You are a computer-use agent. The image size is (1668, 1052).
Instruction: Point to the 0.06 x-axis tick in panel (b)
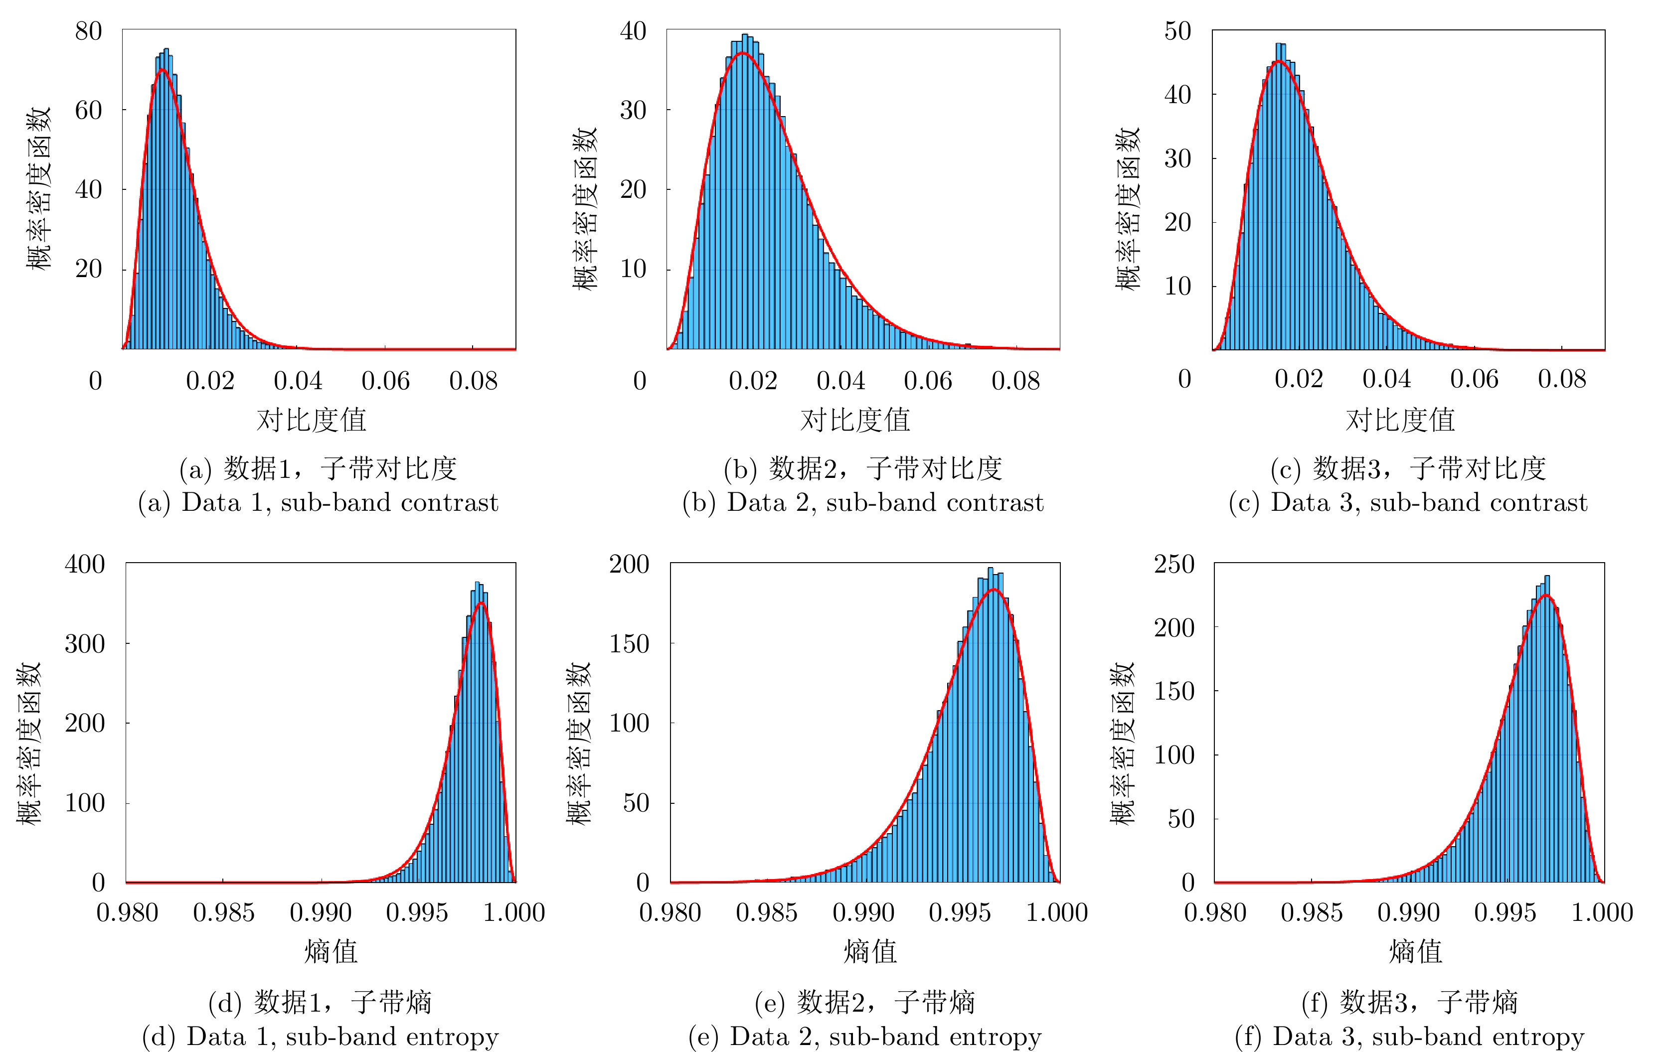pyautogui.click(x=928, y=381)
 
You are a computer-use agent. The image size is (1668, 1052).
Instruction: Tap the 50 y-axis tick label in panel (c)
pyautogui.click(x=1177, y=31)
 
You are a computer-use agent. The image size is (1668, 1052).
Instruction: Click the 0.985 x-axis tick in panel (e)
pyautogui.click(x=766, y=913)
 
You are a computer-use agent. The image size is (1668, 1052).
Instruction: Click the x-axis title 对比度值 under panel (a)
pyautogui.click(x=311, y=420)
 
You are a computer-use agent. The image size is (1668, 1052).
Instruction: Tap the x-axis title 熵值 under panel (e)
pyautogui.click(x=870, y=951)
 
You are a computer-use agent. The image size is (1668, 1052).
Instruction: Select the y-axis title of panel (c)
pyautogui.click(x=1128, y=208)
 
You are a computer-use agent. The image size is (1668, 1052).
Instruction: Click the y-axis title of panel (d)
pyautogui.click(x=29, y=743)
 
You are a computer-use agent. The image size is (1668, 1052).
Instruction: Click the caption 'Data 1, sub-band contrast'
pyautogui.click(x=319, y=503)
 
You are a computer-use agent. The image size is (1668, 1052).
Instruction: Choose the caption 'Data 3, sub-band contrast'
pyautogui.click(x=1408, y=503)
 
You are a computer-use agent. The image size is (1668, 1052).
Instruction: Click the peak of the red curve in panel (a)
pyautogui.click(x=162, y=70)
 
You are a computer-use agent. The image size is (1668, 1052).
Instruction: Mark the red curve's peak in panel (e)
pyautogui.click(x=994, y=590)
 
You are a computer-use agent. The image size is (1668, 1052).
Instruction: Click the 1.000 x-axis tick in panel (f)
pyautogui.click(x=1602, y=913)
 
